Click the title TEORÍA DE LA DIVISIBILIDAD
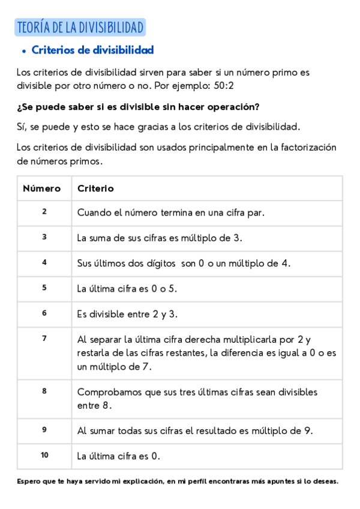point(80,28)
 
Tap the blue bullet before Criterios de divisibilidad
point(23,51)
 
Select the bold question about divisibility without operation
point(138,107)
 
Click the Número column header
point(42,188)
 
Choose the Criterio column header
point(95,188)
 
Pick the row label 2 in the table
point(44,211)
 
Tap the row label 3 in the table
point(44,236)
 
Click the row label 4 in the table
point(44,262)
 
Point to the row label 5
point(44,288)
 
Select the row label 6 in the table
point(44,313)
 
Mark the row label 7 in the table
point(44,339)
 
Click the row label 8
point(44,391)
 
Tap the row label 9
point(44,430)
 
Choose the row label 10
point(44,455)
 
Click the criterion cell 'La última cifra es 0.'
point(119,456)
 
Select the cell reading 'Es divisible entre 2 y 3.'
point(127,314)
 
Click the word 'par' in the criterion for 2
point(255,212)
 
